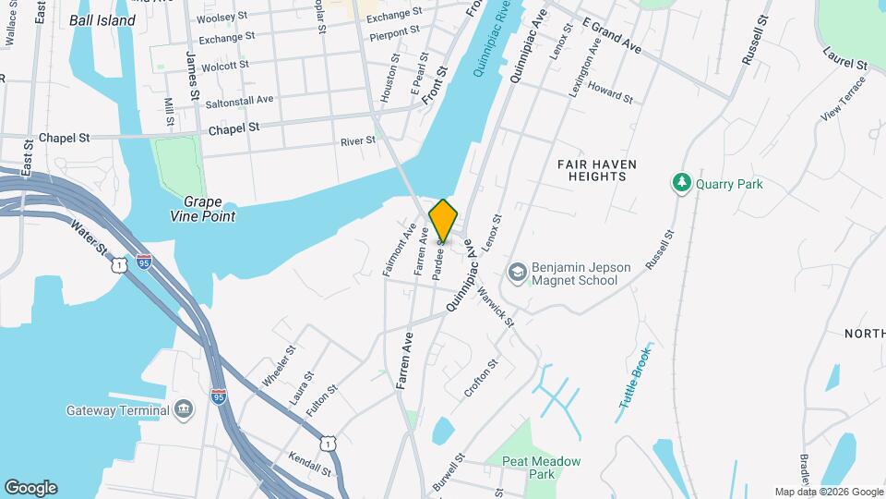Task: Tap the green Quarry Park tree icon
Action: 682,183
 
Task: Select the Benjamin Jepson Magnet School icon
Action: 517,273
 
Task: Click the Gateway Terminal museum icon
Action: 183,409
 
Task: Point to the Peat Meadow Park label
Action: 541,468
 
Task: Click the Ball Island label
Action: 102,19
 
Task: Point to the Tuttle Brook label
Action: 636,376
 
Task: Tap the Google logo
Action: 30,488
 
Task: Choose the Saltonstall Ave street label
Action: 239,99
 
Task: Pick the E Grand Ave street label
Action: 612,33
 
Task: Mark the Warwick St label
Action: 496,304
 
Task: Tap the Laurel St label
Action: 845,57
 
